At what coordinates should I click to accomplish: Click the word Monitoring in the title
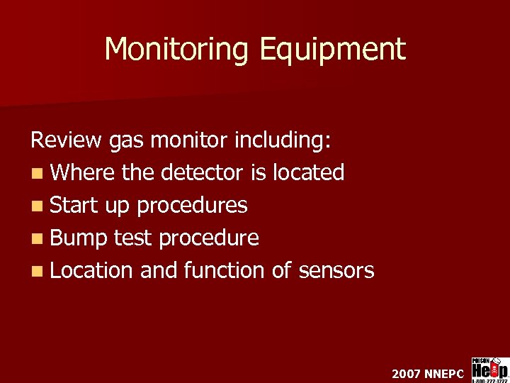point(177,49)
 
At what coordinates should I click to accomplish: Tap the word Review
point(66,140)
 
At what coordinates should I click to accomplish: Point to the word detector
point(203,172)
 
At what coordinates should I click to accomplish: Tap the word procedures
point(192,206)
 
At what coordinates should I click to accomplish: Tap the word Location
point(92,270)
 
